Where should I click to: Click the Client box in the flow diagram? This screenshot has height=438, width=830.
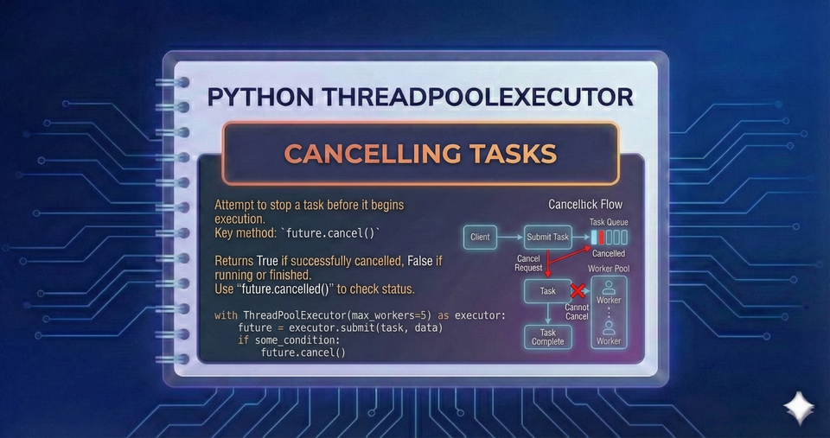[480, 237]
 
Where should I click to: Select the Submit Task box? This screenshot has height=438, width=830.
[548, 237]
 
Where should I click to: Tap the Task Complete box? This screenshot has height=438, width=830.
[547, 337]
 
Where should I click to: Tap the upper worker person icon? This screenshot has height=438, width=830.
[608, 287]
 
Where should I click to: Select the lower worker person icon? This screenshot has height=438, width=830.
[608, 328]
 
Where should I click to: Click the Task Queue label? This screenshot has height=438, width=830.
[609, 222]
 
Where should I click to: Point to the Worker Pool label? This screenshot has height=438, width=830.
[609, 269]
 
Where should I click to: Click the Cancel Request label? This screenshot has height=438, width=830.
[529, 263]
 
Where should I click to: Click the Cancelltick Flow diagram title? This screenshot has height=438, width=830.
[585, 205]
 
